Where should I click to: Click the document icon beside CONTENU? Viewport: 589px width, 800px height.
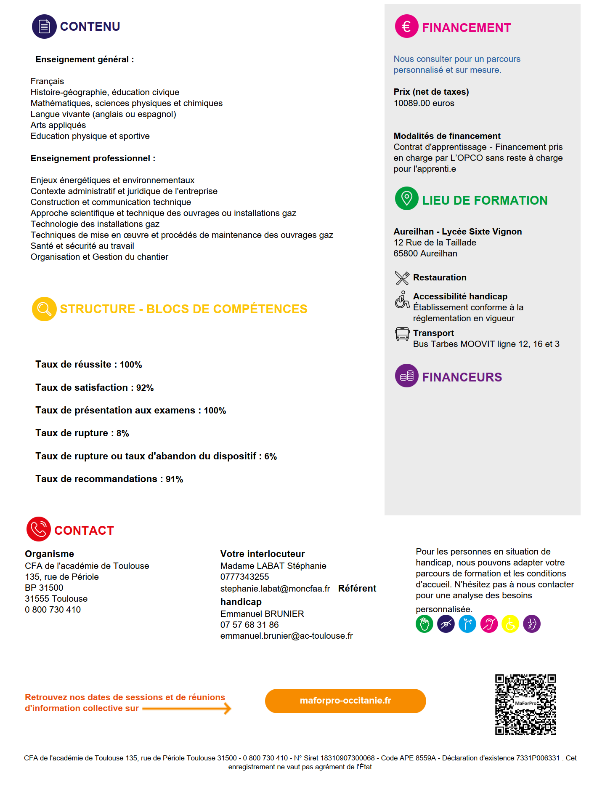[44, 27]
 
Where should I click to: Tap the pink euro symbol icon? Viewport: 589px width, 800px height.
[406, 27]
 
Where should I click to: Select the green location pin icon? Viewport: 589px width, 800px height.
[406, 198]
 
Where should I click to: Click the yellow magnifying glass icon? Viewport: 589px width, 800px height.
[44, 309]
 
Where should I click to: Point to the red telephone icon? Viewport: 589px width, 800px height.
[39, 529]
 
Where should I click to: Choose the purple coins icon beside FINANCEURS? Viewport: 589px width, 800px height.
[406, 376]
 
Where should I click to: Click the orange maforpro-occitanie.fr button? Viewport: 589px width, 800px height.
[345, 701]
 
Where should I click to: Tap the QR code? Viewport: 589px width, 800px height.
[525, 704]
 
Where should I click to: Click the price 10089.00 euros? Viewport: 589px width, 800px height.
[424, 103]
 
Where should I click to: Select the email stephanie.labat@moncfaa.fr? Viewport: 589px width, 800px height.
[275, 589]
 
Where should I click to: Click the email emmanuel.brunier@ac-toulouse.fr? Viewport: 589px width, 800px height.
[287, 636]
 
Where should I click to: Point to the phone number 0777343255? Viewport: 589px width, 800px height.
[244, 577]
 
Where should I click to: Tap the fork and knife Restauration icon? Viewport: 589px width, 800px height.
[402, 278]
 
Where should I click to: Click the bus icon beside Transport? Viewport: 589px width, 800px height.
[402, 334]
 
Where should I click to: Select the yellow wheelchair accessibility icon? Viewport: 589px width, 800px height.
[510, 624]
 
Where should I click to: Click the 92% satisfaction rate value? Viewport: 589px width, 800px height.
[145, 388]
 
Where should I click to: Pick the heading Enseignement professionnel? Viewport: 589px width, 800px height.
[93, 158]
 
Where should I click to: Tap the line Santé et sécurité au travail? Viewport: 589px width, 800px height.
[82, 246]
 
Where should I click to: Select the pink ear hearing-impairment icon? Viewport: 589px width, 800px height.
[489, 624]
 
